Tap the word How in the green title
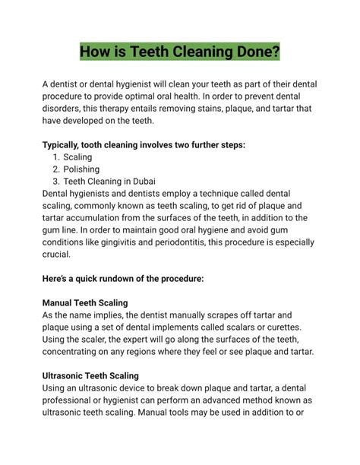(x=99, y=52)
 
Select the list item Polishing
(x=81, y=169)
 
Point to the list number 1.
(x=56, y=157)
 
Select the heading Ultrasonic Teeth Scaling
(x=96, y=375)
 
